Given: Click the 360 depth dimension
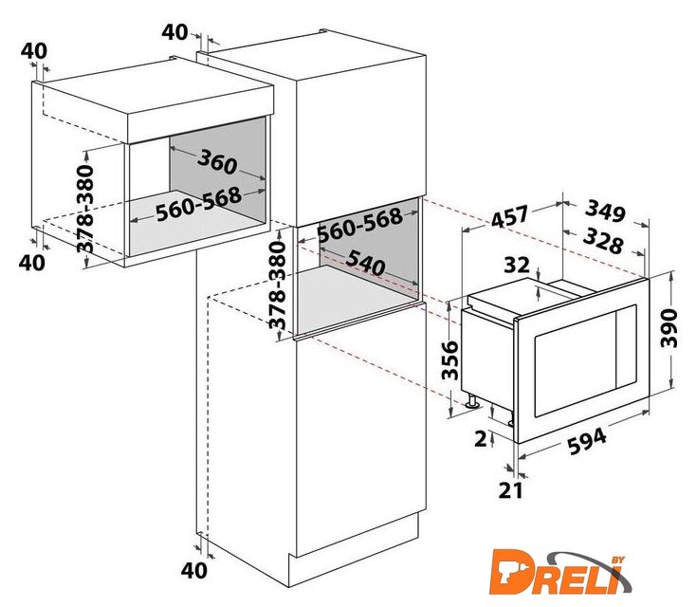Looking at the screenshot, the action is (x=217, y=161).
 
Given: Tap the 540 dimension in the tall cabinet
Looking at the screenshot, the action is (x=365, y=263).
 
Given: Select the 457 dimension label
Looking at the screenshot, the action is (x=510, y=216).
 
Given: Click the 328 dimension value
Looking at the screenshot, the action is (x=603, y=241).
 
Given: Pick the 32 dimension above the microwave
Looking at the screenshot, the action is (x=517, y=266).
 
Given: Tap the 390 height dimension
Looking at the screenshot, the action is (x=669, y=328).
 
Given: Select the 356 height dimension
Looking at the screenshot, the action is (x=449, y=360).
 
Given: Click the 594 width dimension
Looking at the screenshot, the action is (x=587, y=441).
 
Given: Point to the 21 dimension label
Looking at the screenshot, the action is (x=511, y=490).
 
